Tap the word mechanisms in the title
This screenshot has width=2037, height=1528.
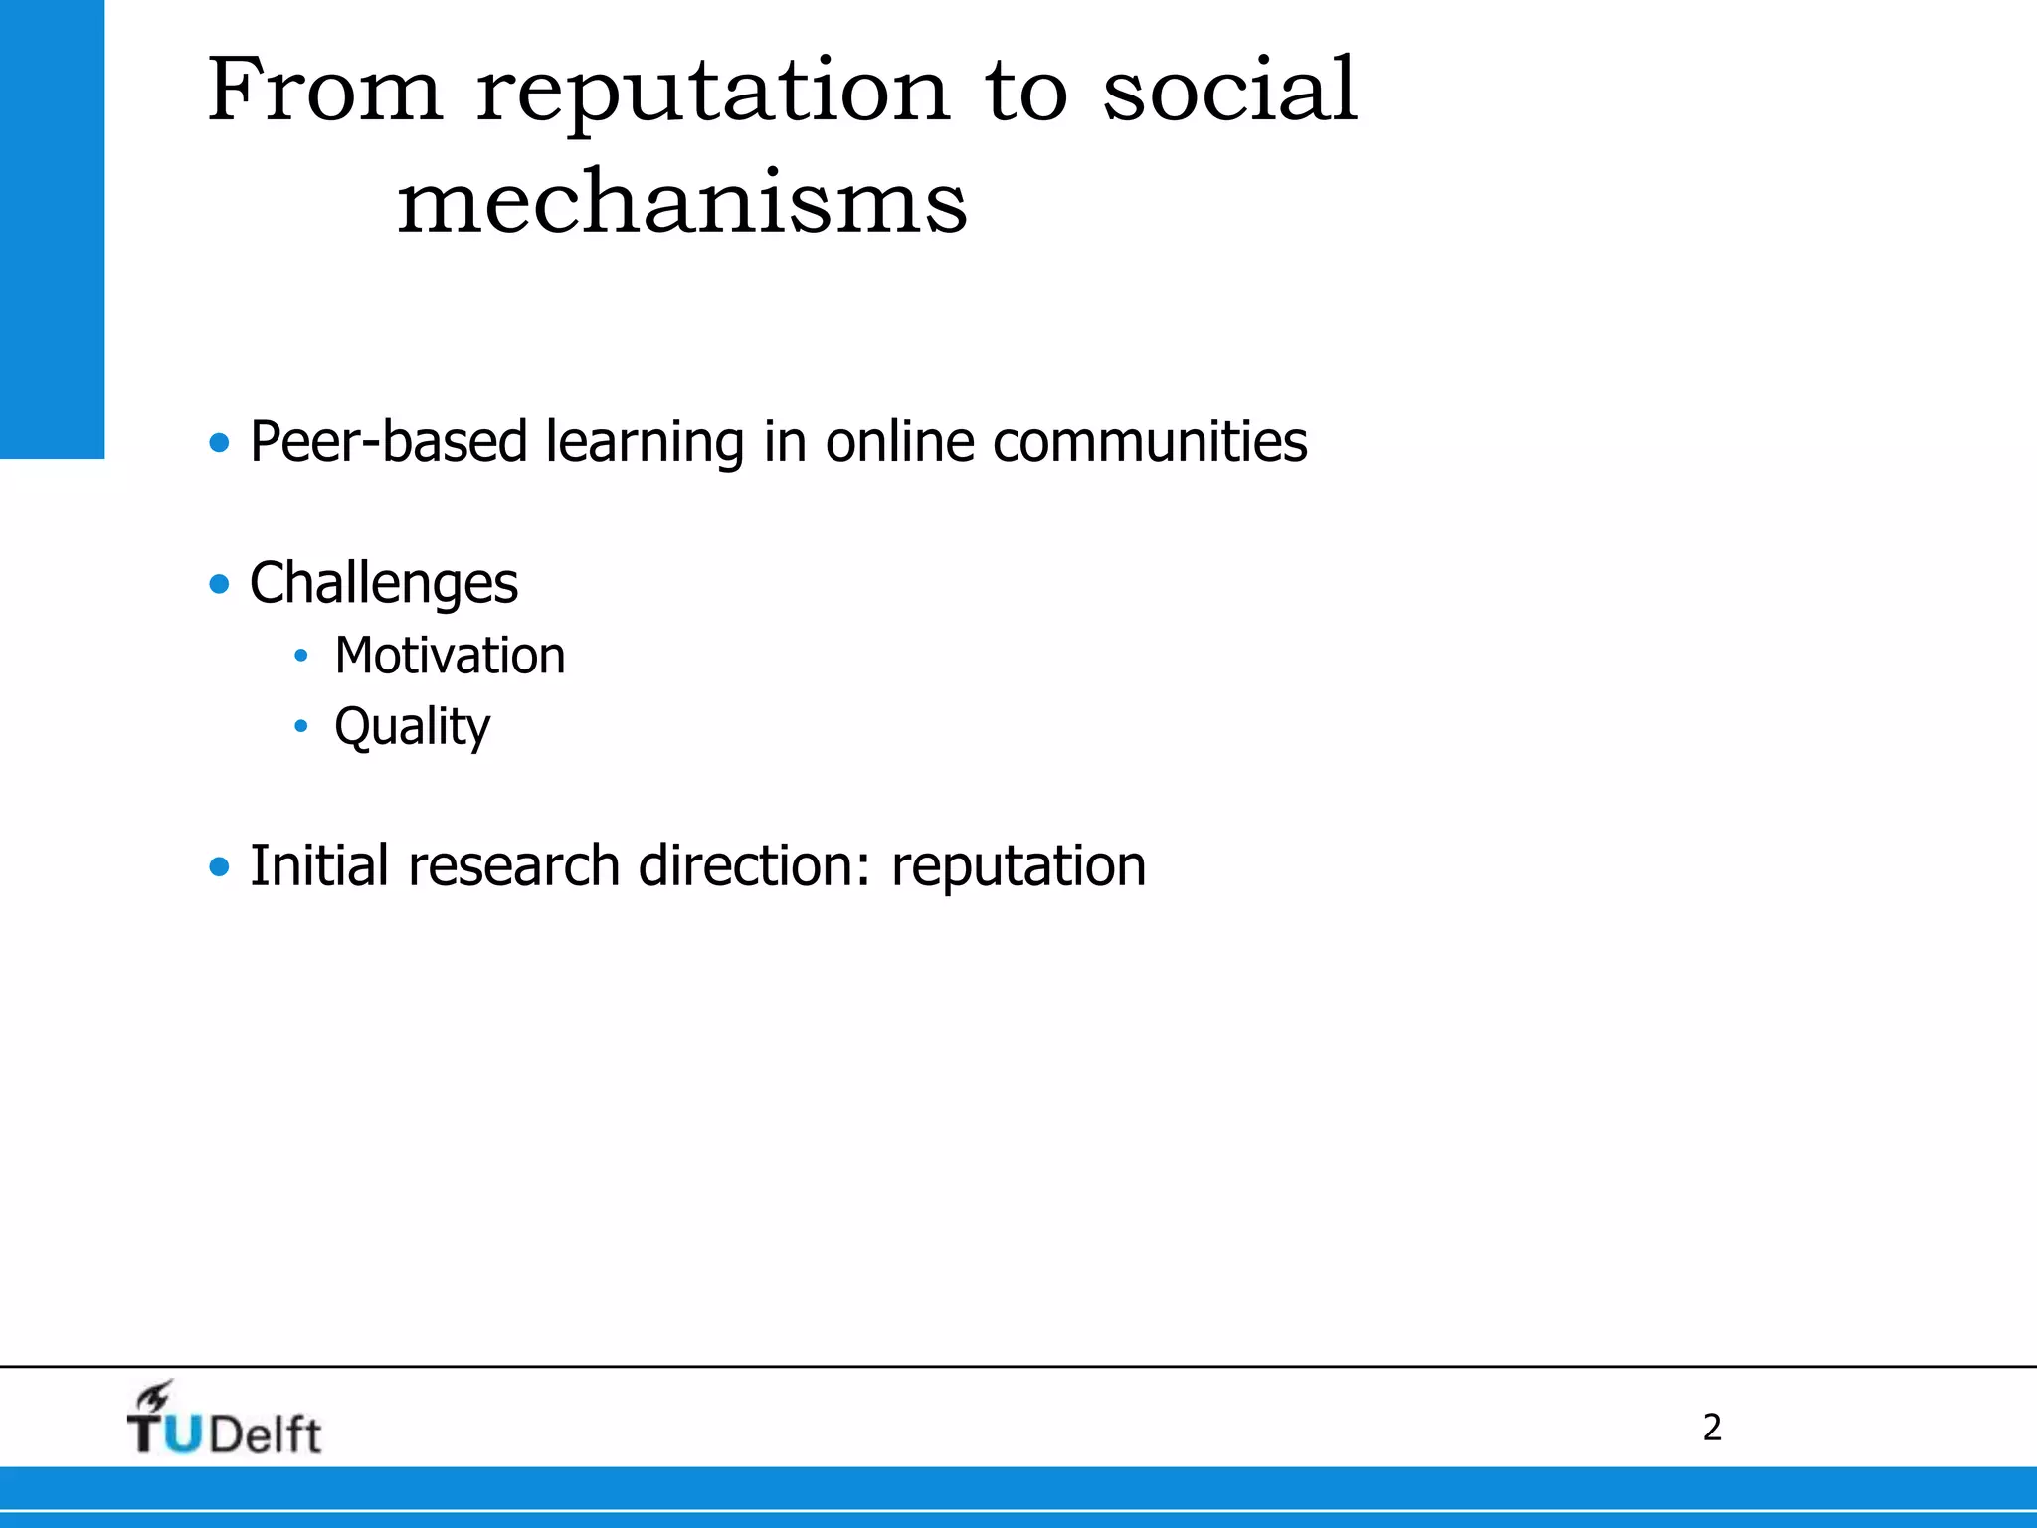682,202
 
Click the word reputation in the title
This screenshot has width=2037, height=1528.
713,95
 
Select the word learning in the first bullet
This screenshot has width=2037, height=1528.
645,443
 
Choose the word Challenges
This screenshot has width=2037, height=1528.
383,584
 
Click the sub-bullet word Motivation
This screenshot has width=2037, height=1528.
450,656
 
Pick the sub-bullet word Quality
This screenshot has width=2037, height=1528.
412,727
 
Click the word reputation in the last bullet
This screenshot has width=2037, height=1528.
1018,866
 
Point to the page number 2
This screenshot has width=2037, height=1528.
1712,1428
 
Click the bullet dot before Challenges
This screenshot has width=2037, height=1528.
219,584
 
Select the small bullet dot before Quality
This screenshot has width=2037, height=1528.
301,727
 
